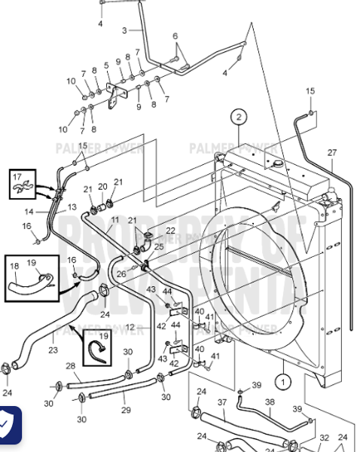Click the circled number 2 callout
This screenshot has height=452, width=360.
pyautogui.click(x=239, y=117)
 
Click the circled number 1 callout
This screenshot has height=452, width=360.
pyautogui.click(x=282, y=381)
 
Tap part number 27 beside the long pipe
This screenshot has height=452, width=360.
pyautogui.click(x=332, y=153)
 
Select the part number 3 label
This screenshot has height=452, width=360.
pyautogui.click(x=124, y=30)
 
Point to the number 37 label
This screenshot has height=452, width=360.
pyautogui.click(x=222, y=403)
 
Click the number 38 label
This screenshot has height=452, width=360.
pyautogui.click(x=270, y=403)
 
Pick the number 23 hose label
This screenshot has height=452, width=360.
pyautogui.click(x=52, y=350)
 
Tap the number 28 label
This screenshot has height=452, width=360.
pyautogui.click(x=70, y=365)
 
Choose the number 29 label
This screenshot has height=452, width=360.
pyautogui.click(x=126, y=410)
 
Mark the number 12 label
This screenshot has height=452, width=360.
pyautogui.click(x=130, y=327)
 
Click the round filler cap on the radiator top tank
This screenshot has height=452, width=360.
pyautogui.click(x=277, y=163)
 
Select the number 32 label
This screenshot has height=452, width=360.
pyautogui.click(x=324, y=437)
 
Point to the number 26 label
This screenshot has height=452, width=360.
pyautogui.click(x=121, y=273)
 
